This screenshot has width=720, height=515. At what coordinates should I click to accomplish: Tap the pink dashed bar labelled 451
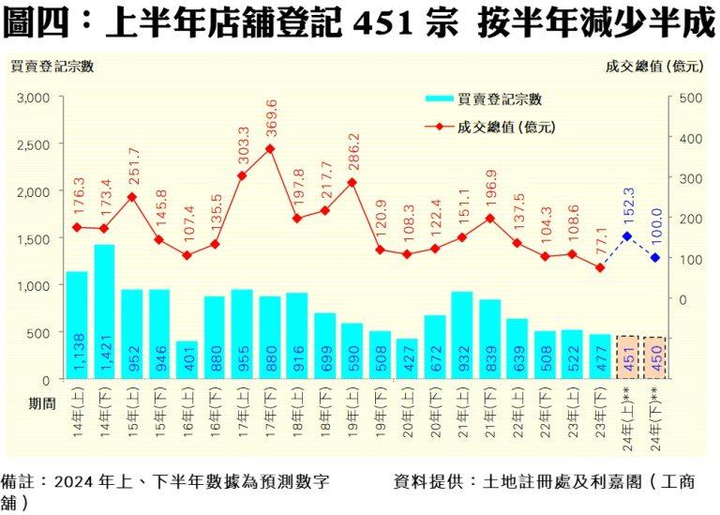[627, 356]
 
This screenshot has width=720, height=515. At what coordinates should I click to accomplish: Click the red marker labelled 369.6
[269, 148]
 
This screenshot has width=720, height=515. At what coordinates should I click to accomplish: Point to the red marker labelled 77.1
[600, 267]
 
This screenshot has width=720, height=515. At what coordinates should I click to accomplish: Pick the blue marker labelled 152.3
[627, 236]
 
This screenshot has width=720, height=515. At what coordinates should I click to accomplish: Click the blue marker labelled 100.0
[655, 258]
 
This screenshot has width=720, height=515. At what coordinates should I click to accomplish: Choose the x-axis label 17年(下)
[269, 414]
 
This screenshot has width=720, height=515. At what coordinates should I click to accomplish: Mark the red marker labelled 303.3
[242, 175]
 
